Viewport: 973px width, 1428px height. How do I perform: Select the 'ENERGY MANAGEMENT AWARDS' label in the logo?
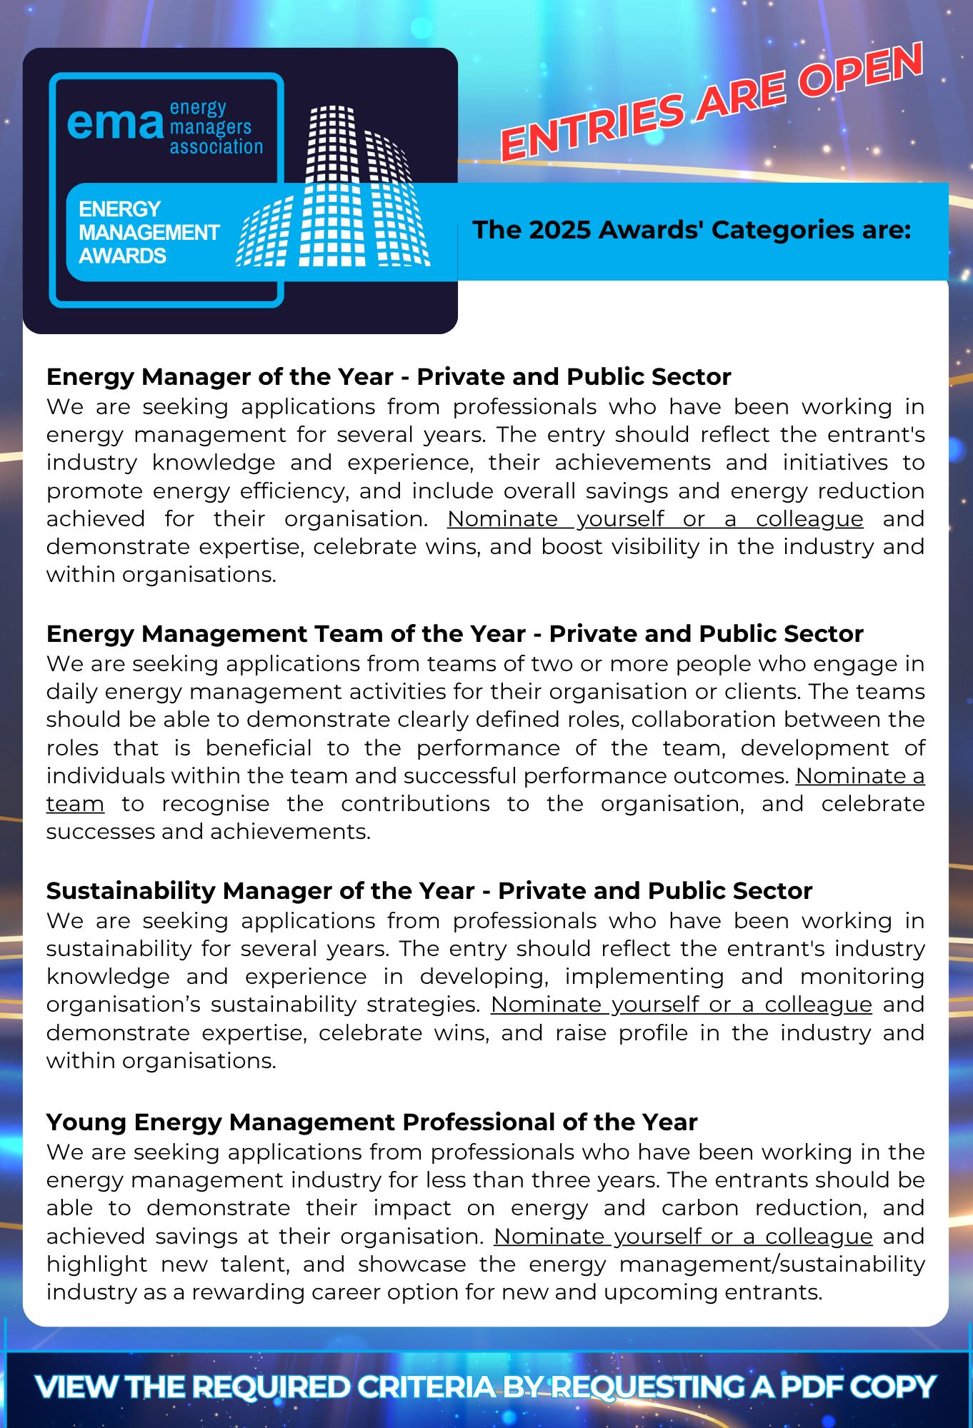(x=149, y=232)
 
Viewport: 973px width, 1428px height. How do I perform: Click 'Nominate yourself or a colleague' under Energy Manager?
(x=655, y=519)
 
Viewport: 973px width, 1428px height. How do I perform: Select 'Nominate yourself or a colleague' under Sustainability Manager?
(x=681, y=1005)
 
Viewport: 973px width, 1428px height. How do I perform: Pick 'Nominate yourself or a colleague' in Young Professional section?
(x=682, y=1236)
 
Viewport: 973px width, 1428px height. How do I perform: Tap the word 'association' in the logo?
(x=216, y=147)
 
